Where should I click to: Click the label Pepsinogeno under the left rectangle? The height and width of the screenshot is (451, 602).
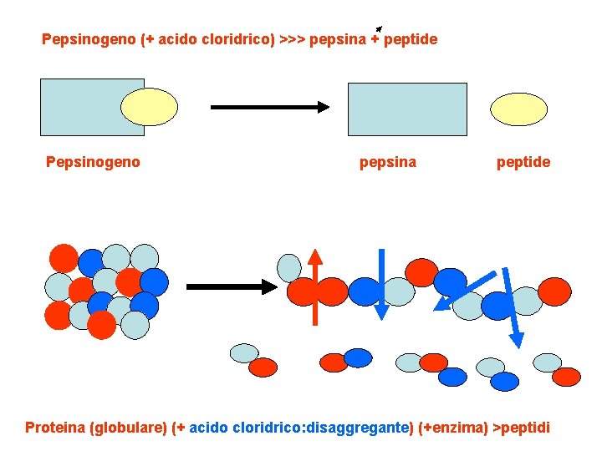point(93,162)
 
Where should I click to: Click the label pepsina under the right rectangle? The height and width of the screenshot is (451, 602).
point(387,162)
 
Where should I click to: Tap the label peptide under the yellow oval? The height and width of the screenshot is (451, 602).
point(523,162)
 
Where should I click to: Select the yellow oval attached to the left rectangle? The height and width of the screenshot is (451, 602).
point(150,107)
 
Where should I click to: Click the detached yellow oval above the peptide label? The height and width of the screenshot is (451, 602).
point(518,109)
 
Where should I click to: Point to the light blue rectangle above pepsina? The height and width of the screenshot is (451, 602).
point(407,109)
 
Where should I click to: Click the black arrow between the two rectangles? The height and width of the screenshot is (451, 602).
point(269,107)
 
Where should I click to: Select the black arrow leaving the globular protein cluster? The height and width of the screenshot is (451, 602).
point(230,286)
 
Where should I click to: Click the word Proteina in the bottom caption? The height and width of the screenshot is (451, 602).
point(54,428)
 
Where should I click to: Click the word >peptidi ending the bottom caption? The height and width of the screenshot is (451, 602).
point(521,428)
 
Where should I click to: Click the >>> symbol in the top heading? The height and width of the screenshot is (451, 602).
point(292,39)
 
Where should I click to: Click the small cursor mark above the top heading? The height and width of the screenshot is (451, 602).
point(380,28)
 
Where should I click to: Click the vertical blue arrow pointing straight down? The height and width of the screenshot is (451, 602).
point(380,284)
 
